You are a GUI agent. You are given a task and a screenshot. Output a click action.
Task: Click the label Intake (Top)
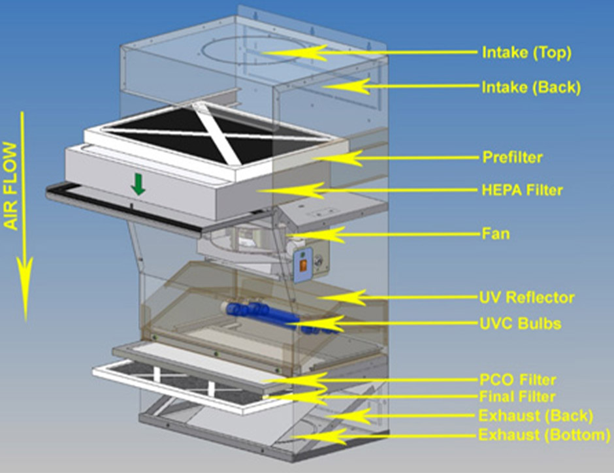[526, 53]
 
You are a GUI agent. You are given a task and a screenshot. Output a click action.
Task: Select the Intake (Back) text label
[530, 87]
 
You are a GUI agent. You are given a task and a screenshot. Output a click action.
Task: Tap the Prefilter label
[513, 157]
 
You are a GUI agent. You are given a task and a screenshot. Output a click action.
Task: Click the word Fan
[495, 234]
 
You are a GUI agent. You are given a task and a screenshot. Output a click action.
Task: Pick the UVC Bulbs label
[519, 323]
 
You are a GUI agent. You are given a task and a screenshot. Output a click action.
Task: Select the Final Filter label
[517, 397]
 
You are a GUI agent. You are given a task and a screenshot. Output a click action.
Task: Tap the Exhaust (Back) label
[536, 416]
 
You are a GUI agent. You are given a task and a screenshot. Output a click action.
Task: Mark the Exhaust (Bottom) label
[544, 434]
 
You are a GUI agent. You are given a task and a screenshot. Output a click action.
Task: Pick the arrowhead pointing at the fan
[292, 234]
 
